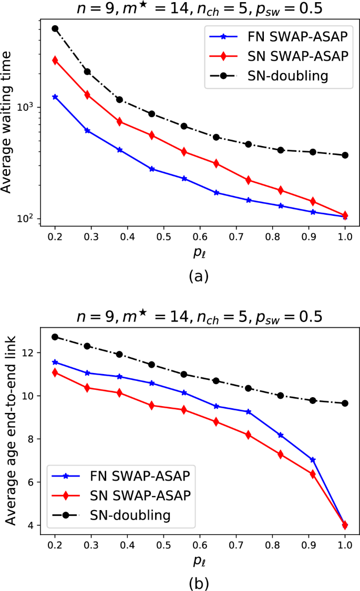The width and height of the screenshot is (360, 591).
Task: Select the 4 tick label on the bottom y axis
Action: [x=34, y=525]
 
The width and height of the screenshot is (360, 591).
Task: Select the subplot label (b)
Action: [x=200, y=582]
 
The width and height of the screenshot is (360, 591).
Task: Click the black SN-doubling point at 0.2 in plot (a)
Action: [x=55, y=28]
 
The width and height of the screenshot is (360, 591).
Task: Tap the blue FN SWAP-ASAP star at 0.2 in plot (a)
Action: [x=55, y=97]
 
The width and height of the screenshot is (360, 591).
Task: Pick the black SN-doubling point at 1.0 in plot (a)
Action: [x=345, y=155]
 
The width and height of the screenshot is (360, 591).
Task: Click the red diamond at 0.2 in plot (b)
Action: [x=55, y=372]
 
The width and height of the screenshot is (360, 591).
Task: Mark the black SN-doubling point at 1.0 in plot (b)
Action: [x=345, y=403]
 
